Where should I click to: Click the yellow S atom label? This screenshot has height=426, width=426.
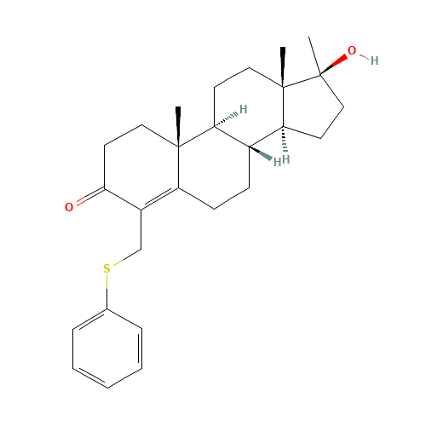[x=106, y=268]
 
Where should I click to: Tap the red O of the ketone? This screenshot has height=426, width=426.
[x=69, y=207]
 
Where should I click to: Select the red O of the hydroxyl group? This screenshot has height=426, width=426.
[x=352, y=50]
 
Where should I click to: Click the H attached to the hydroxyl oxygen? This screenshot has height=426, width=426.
[x=374, y=60]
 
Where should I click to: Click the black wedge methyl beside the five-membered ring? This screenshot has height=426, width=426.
[x=283, y=67]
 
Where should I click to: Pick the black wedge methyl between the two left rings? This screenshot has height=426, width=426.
[x=178, y=127]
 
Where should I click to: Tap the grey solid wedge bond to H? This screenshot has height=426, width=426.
[x=261, y=153]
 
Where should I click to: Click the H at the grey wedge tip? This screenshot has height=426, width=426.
[x=277, y=162]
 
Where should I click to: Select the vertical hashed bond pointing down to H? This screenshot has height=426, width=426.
[x=285, y=139]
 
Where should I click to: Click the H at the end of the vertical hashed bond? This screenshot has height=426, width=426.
[x=285, y=159]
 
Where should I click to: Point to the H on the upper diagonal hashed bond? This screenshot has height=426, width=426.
[x=243, y=109]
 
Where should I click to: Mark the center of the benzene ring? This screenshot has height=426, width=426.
[x=107, y=348]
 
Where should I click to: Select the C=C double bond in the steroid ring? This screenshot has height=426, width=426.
[x=160, y=198]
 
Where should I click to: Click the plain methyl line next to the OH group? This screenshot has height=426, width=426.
[x=314, y=55]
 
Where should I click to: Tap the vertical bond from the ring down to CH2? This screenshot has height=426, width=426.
[x=141, y=230]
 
